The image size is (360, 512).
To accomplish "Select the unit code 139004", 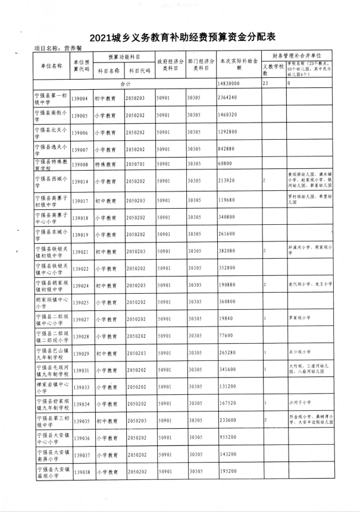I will pyautogui.click(x=80, y=98).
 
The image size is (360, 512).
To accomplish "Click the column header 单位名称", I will pyautogui.click(x=51, y=66).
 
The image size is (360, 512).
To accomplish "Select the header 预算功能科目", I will pyautogui.click(x=124, y=56).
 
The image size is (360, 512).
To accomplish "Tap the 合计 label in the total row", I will pyautogui.click(x=124, y=84).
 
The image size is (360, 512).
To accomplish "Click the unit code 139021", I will pyautogui.click(x=80, y=252).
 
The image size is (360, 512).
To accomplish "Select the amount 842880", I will pyautogui.click(x=227, y=149).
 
